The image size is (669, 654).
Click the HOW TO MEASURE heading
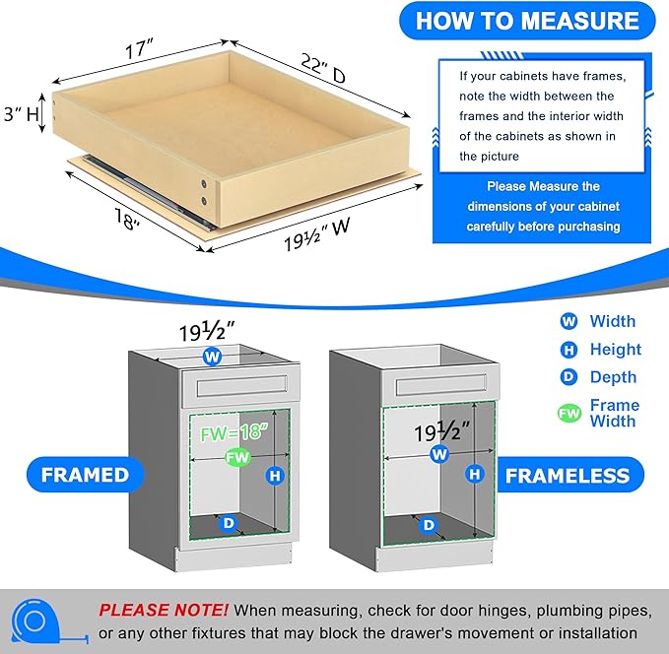(527, 21)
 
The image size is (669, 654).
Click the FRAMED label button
(85, 475)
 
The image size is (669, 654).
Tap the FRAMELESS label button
(567, 476)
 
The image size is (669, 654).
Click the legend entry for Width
(612, 321)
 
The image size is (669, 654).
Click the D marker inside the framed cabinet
(229, 524)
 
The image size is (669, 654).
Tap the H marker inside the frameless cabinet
(476, 474)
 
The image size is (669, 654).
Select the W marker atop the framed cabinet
(212, 357)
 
